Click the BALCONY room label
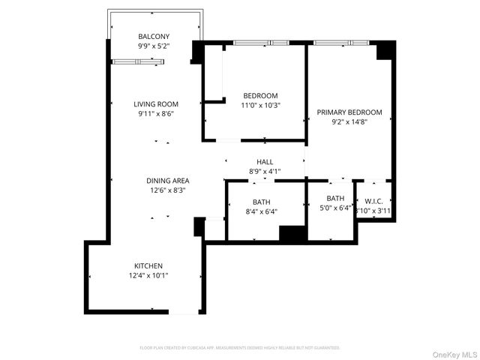(x=154, y=37)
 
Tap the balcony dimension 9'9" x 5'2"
(x=154, y=46)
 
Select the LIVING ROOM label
(x=155, y=104)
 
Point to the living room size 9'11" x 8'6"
(x=155, y=114)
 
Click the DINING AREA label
(x=167, y=181)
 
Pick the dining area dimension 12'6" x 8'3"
(x=167, y=190)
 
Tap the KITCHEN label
(x=148, y=266)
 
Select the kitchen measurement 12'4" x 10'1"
(x=148, y=276)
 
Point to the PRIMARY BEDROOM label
(x=349, y=112)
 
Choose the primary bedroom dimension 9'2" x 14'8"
(x=349, y=122)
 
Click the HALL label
(x=265, y=162)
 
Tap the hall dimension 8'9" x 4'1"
(x=265, y=172)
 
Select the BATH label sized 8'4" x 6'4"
(x=261, y=202)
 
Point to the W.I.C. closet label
(x=374, y=201)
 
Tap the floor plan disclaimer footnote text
(x=240, y=348)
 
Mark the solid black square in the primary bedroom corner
(x=385, y=49)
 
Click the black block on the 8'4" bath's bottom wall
(x=292, y=232)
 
